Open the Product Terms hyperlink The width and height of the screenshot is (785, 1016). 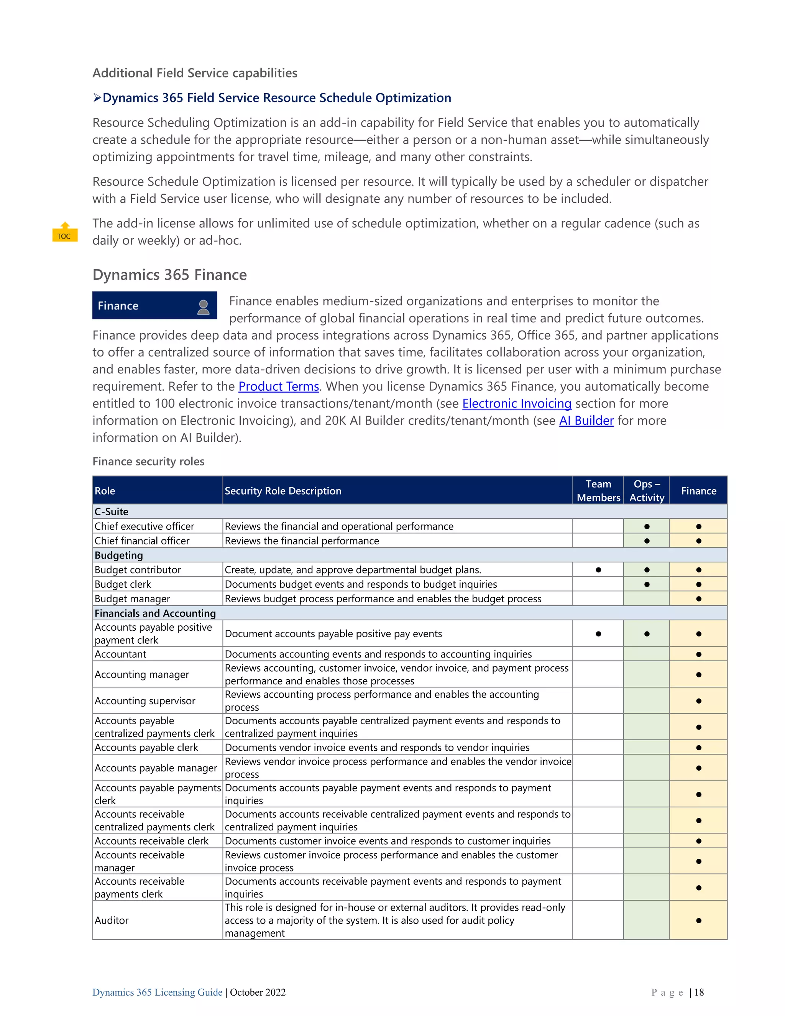pos(279,386)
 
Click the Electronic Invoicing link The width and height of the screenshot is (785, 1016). pos(516,404)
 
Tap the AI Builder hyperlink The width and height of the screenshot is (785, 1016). pos(586,421)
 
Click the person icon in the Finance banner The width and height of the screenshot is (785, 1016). pos(203,307)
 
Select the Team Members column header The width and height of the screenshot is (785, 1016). pos(598,491)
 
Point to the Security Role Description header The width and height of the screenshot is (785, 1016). pos(283,491)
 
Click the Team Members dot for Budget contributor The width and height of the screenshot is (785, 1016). pos(598,570)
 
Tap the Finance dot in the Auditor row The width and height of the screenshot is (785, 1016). pos(698,921)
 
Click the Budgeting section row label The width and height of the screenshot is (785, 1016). pos(118,556)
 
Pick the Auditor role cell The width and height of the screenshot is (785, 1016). pos(112,921)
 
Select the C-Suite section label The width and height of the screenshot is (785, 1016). pos(111,512)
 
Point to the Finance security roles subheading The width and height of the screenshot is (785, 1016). pos(148,462)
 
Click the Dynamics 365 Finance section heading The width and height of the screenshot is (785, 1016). pos(169,275)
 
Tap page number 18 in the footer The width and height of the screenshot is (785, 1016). pos(699,992)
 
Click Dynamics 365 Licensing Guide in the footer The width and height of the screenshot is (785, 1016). pos(157,992)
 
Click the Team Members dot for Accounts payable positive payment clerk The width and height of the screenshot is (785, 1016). pos(598,634)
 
